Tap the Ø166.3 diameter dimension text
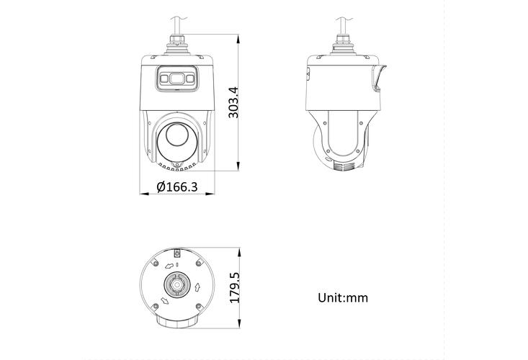(177, 187)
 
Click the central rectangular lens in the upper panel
(176, 77)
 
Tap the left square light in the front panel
(164, 77)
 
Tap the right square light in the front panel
(190, 77)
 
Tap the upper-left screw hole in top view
(154, 264)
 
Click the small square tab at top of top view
(177, 253)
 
